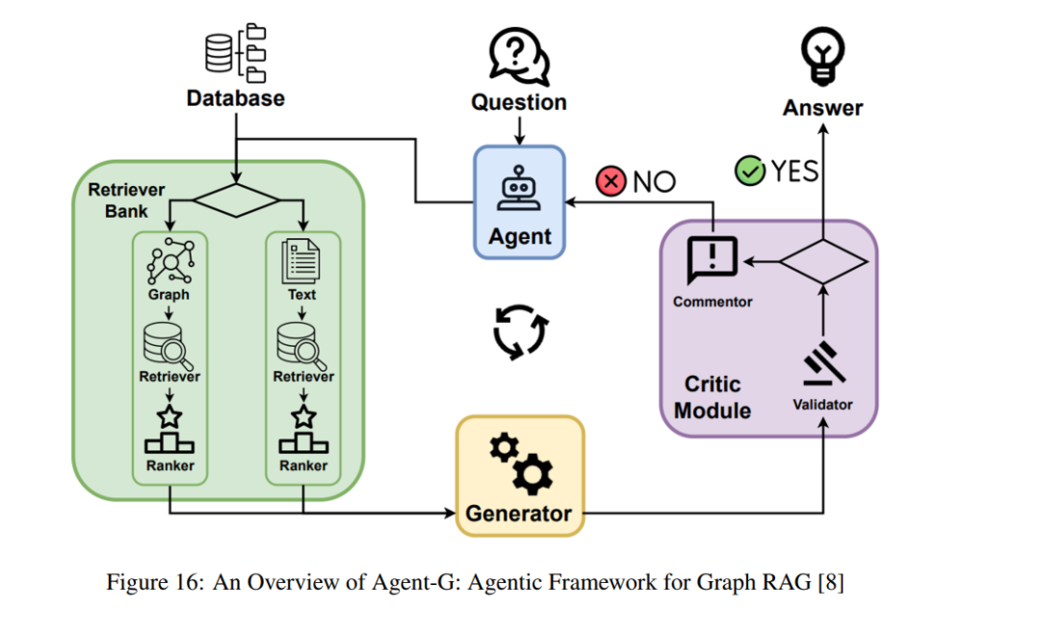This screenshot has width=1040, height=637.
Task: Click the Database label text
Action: [x=236, y=98]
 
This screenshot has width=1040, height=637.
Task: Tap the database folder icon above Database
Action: [x=236, y=53]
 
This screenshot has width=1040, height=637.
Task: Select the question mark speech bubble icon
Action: [x=519, y=57]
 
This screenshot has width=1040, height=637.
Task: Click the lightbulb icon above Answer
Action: [x=822, y=56]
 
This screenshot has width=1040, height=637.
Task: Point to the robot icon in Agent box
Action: [x=519, y=189]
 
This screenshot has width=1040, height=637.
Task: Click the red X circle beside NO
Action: [x=611, y=181]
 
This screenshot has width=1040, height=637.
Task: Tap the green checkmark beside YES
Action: [x=750, y=171]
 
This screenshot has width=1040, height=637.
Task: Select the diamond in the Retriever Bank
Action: [x=236, y=200]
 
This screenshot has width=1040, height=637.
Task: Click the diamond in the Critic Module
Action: [x=822, y=262]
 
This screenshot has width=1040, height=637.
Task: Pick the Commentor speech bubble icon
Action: [x=713, y=259]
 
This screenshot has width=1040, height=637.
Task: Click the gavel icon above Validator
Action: [x=823, y=363]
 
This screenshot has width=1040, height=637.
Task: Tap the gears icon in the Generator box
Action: [x=521, y=464]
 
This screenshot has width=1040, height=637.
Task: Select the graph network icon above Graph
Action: [x=170, y=261]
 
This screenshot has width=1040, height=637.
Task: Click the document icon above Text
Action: [x=301, y=261]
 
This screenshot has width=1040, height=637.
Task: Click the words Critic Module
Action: [x=713, y=397]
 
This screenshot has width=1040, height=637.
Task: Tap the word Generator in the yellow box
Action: [x=519, y=514]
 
